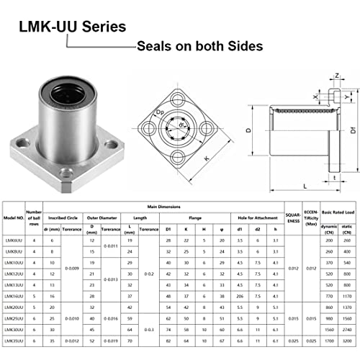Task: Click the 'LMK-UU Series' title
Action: (70, 26)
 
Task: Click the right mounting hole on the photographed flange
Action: (109, 145)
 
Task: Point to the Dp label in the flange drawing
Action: (161, 114)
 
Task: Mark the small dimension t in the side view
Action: (335, 177)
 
